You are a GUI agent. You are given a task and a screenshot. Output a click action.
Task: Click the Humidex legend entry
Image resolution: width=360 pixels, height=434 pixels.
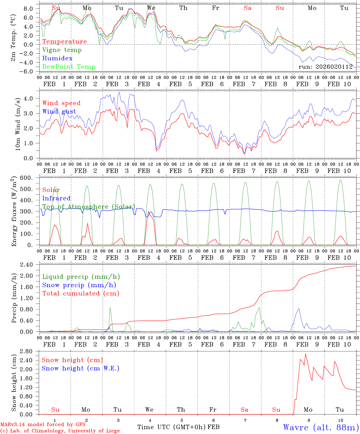click(x=57, y=58)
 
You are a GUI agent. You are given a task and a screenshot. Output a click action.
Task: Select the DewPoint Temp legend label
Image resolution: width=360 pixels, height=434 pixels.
click(x=69, y=67)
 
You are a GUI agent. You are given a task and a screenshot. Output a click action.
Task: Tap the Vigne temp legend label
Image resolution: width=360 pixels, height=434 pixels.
click(x=62, y=50)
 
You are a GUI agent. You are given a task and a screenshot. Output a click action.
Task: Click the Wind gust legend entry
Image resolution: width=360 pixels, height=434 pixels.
click(x=59, y=112)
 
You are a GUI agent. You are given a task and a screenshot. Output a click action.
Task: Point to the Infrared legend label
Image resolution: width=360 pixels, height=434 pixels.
click(x=56, y=198)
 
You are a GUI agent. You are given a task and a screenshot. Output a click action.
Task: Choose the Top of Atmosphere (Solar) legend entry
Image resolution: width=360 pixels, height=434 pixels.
click(x=89, y=207)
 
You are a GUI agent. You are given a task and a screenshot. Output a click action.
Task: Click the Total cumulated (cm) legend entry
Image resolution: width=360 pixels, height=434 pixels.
click(x=81, y=294)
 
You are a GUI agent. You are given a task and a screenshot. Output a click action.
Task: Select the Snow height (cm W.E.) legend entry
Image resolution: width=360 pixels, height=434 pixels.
click(x=81, y=368)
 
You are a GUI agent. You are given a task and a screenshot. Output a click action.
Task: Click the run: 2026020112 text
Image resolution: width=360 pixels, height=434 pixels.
click(x=326, y=67)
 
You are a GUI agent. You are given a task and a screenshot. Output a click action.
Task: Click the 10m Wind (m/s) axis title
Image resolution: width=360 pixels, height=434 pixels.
click(x=18, y=124)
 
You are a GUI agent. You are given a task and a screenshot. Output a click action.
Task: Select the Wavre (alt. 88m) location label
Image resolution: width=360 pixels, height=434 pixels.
click(x=321, y=427)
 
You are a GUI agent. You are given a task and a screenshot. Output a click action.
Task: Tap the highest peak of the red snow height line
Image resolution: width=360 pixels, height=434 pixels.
click(x=305, y=354)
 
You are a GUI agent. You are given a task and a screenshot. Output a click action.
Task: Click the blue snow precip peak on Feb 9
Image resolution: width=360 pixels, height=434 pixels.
click(x=299, y=308)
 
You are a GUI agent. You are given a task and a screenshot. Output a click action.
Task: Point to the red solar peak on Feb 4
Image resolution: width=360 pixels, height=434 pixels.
click(x=148, y=212)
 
